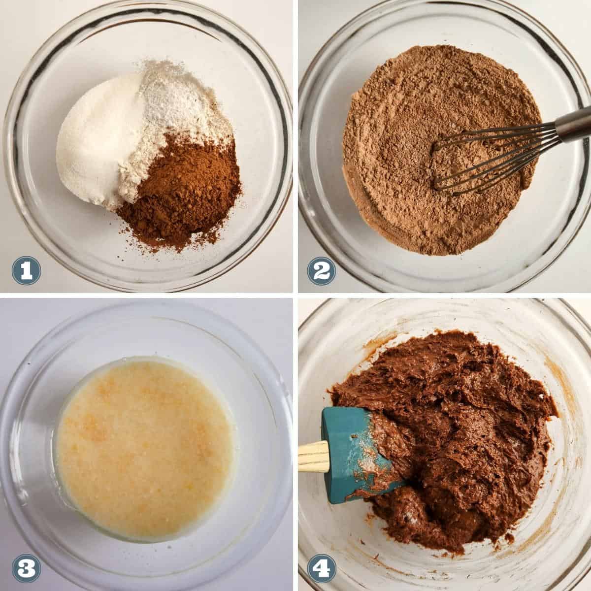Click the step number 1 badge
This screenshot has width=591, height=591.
[26, 271]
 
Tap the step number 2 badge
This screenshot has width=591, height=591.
[322, 271]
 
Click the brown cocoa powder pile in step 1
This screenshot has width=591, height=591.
[181, 190]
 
